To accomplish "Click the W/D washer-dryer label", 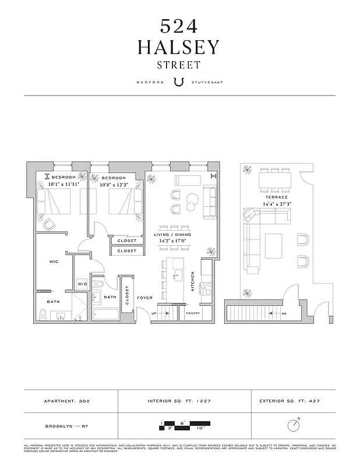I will [82, 285].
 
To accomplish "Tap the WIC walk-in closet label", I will [53, 262].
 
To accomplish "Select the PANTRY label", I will [193, 313].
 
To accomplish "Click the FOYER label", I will [144, 298].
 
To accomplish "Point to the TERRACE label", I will [269, 197].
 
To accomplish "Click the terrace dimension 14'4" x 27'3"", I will [269, 204].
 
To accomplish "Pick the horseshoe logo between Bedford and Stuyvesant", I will [179, 82].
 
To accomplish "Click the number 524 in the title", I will [179, 26].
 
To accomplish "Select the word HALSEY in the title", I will [179, 47].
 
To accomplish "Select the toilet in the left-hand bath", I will [43, 315].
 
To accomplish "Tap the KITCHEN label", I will [193, 282].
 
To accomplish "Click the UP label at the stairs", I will [154, 313].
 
